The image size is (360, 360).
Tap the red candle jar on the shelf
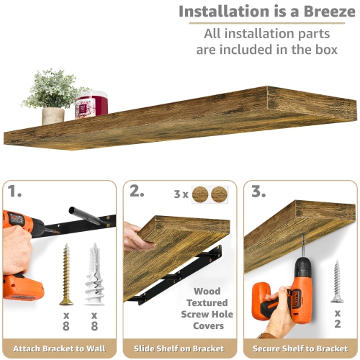pos(91,104)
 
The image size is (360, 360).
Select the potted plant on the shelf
pos(53,97)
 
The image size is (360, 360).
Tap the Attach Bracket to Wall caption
pos(60,348)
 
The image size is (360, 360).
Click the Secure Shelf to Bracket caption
pos(300,348)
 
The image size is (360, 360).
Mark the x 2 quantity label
pos(338,320)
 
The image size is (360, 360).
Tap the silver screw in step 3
pos(337,281)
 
